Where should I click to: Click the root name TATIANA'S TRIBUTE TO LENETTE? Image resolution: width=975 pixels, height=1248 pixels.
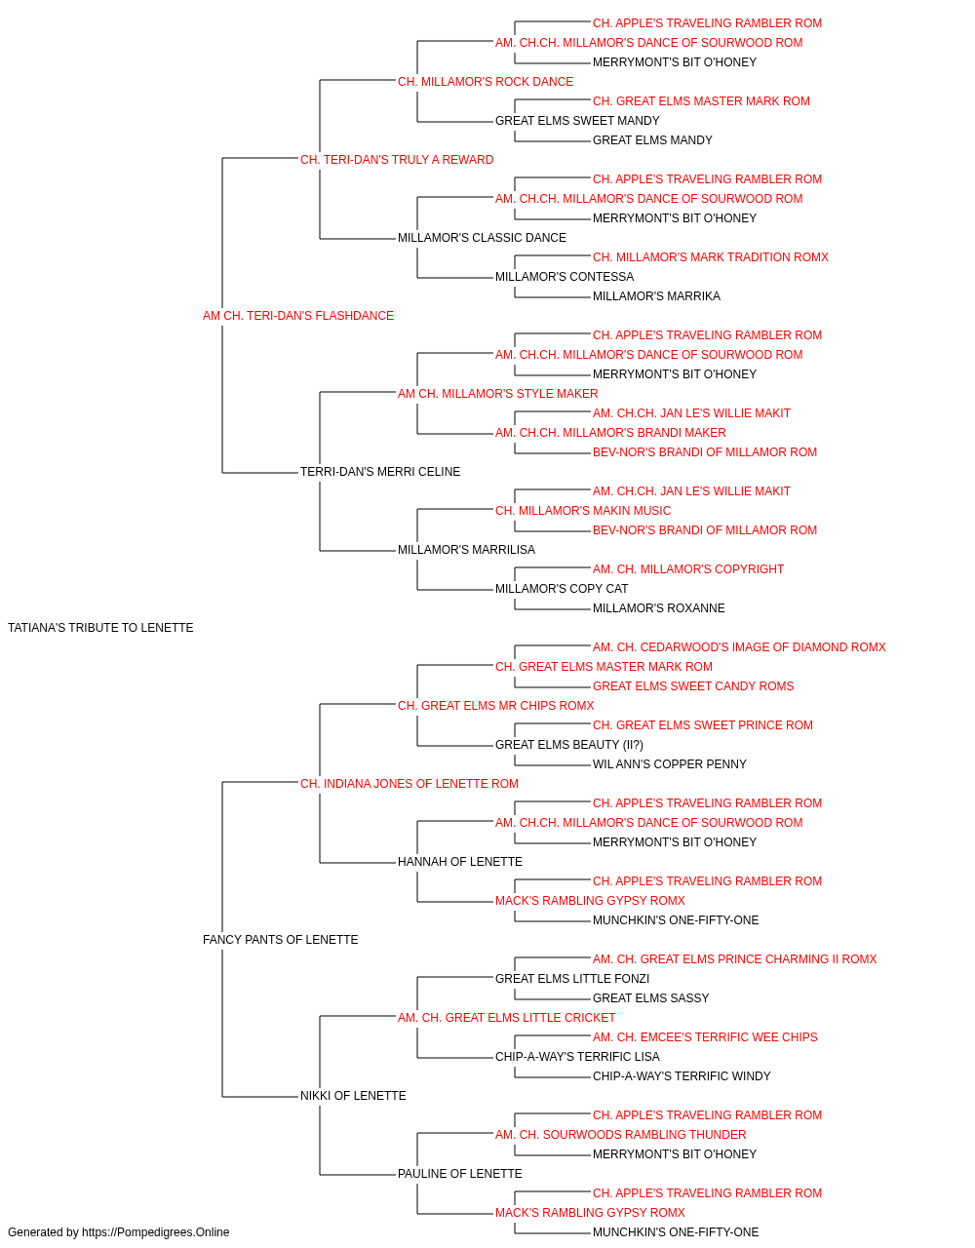pyautogui.click(x=100, y=628)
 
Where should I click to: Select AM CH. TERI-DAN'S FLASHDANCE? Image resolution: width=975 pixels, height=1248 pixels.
pyautogui.click(x=298, y=316)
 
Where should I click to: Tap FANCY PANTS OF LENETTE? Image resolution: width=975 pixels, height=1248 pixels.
pyautogui.click(x=280, y=940)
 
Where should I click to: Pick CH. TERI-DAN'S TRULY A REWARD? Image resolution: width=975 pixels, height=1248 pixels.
pyautogui.click(x=397, y=160)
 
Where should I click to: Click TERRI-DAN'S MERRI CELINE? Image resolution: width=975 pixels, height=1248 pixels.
pyautogui.click(x=380, y=472)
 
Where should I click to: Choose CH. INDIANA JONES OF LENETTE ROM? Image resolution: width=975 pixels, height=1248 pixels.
pyautogui.click(x=409, y=783)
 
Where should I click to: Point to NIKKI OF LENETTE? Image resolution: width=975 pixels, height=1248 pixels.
pyautogui.click(x=353, y=1095)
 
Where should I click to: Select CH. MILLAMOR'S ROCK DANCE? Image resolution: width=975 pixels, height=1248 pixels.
pyautogui.click(x=486, y=82)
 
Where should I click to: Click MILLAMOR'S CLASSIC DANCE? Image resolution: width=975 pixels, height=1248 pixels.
pyautogui.click(x=482, y=238)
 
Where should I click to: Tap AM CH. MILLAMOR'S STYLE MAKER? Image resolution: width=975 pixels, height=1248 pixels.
pyautogui.click(x=498, y=393)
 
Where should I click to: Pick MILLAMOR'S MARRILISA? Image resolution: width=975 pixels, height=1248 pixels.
pyautogui.click(x=466, y=550)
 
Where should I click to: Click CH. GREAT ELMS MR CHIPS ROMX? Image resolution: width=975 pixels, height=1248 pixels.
pyautogui.click(x=496, y=705)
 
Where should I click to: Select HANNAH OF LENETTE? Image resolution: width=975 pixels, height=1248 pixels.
pyautogui.click(x=460, y=862)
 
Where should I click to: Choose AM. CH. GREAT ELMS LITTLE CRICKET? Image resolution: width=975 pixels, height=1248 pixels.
pyautogui.click(x=506, y=1018)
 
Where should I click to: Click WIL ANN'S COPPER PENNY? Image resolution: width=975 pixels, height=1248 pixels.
pyautogui.click(x=670, y=763)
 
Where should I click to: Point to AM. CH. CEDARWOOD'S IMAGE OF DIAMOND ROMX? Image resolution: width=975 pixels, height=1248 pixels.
pyautogui.click(x=739, y=647)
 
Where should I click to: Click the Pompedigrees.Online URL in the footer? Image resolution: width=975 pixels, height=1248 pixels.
pyautogui.click(x=155, y=1232)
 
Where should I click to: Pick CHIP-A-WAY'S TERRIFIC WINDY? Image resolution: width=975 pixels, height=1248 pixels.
pyautogui.click(x=682, y=1075)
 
